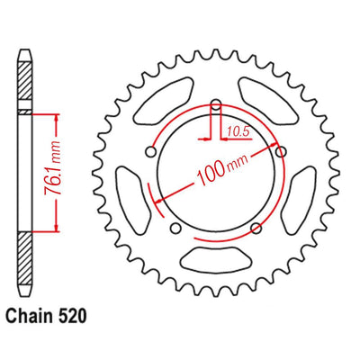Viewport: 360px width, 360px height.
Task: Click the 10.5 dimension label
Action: [x=238, y=131]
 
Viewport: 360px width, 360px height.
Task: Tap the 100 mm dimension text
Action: [x=222, y=169]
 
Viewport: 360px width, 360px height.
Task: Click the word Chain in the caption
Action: [x=27, y=316]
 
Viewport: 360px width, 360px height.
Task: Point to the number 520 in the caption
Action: [x=71, y=316]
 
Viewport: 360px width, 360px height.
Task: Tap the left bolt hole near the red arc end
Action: [x=151, y=152]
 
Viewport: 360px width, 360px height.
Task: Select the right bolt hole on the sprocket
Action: [x=281, y=152]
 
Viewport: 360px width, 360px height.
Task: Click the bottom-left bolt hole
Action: [x=175, y=229]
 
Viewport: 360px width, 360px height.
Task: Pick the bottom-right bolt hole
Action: [x=256, y=229]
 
